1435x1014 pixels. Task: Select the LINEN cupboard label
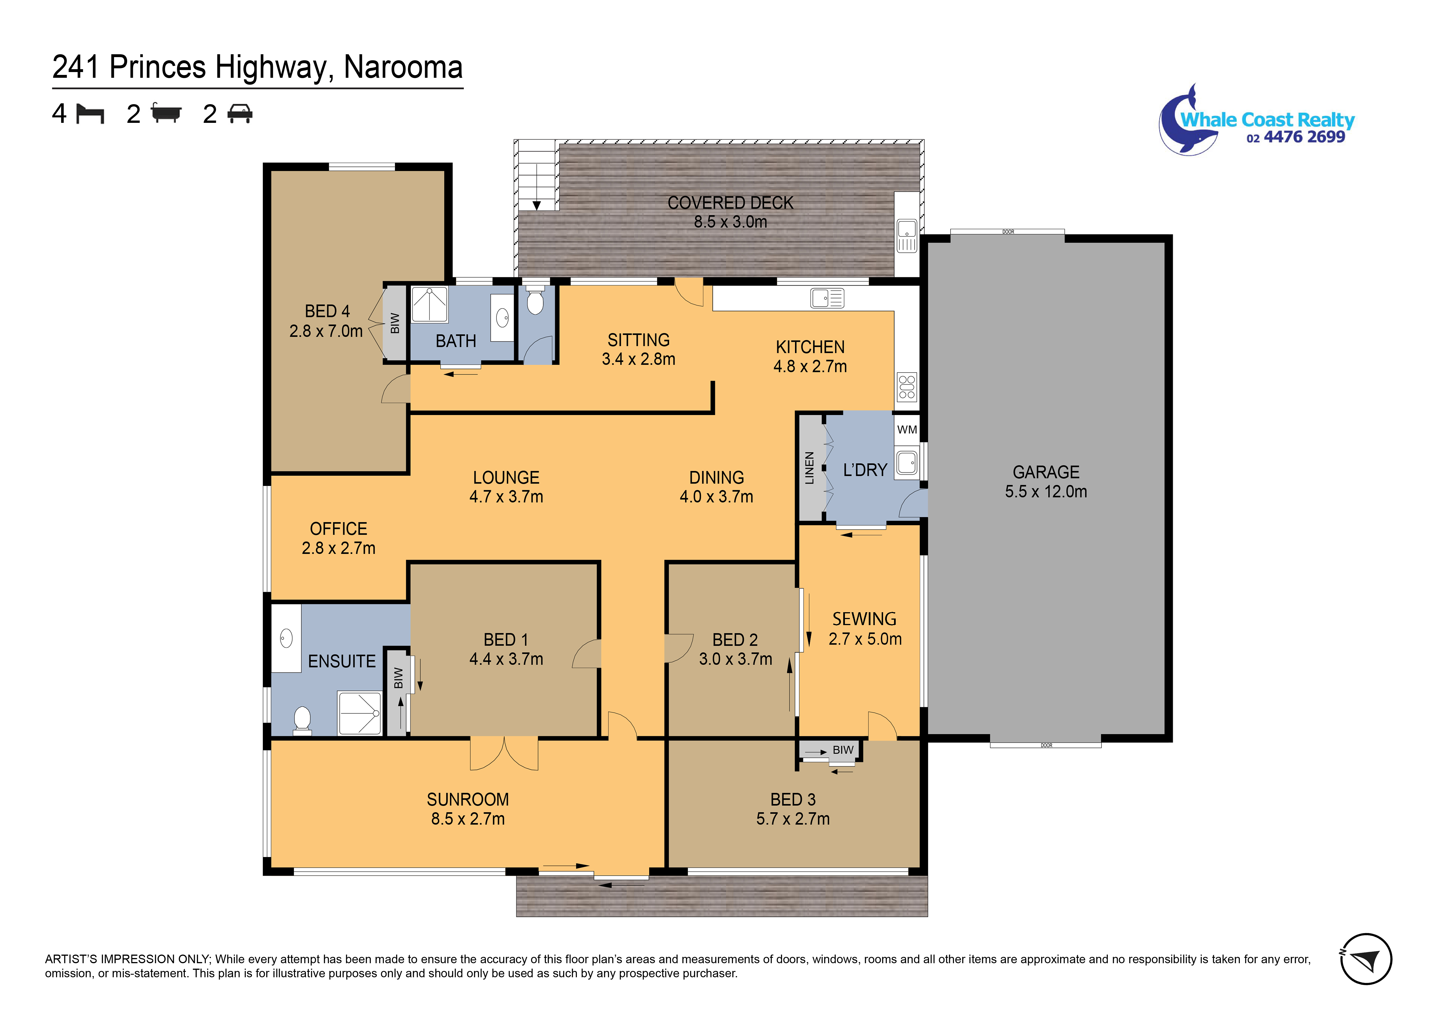(809, 468)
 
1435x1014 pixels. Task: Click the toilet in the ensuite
(302, 719)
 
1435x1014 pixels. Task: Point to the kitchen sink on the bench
(827, 298)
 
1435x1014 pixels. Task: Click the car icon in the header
(240, 114)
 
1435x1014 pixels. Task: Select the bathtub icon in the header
(166, 114)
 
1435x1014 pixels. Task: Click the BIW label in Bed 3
(843, 750)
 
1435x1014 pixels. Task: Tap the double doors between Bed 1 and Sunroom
(504, 753)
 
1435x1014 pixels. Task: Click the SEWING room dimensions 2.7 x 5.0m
(865, 639)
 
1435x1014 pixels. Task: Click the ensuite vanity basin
(286, 638)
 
